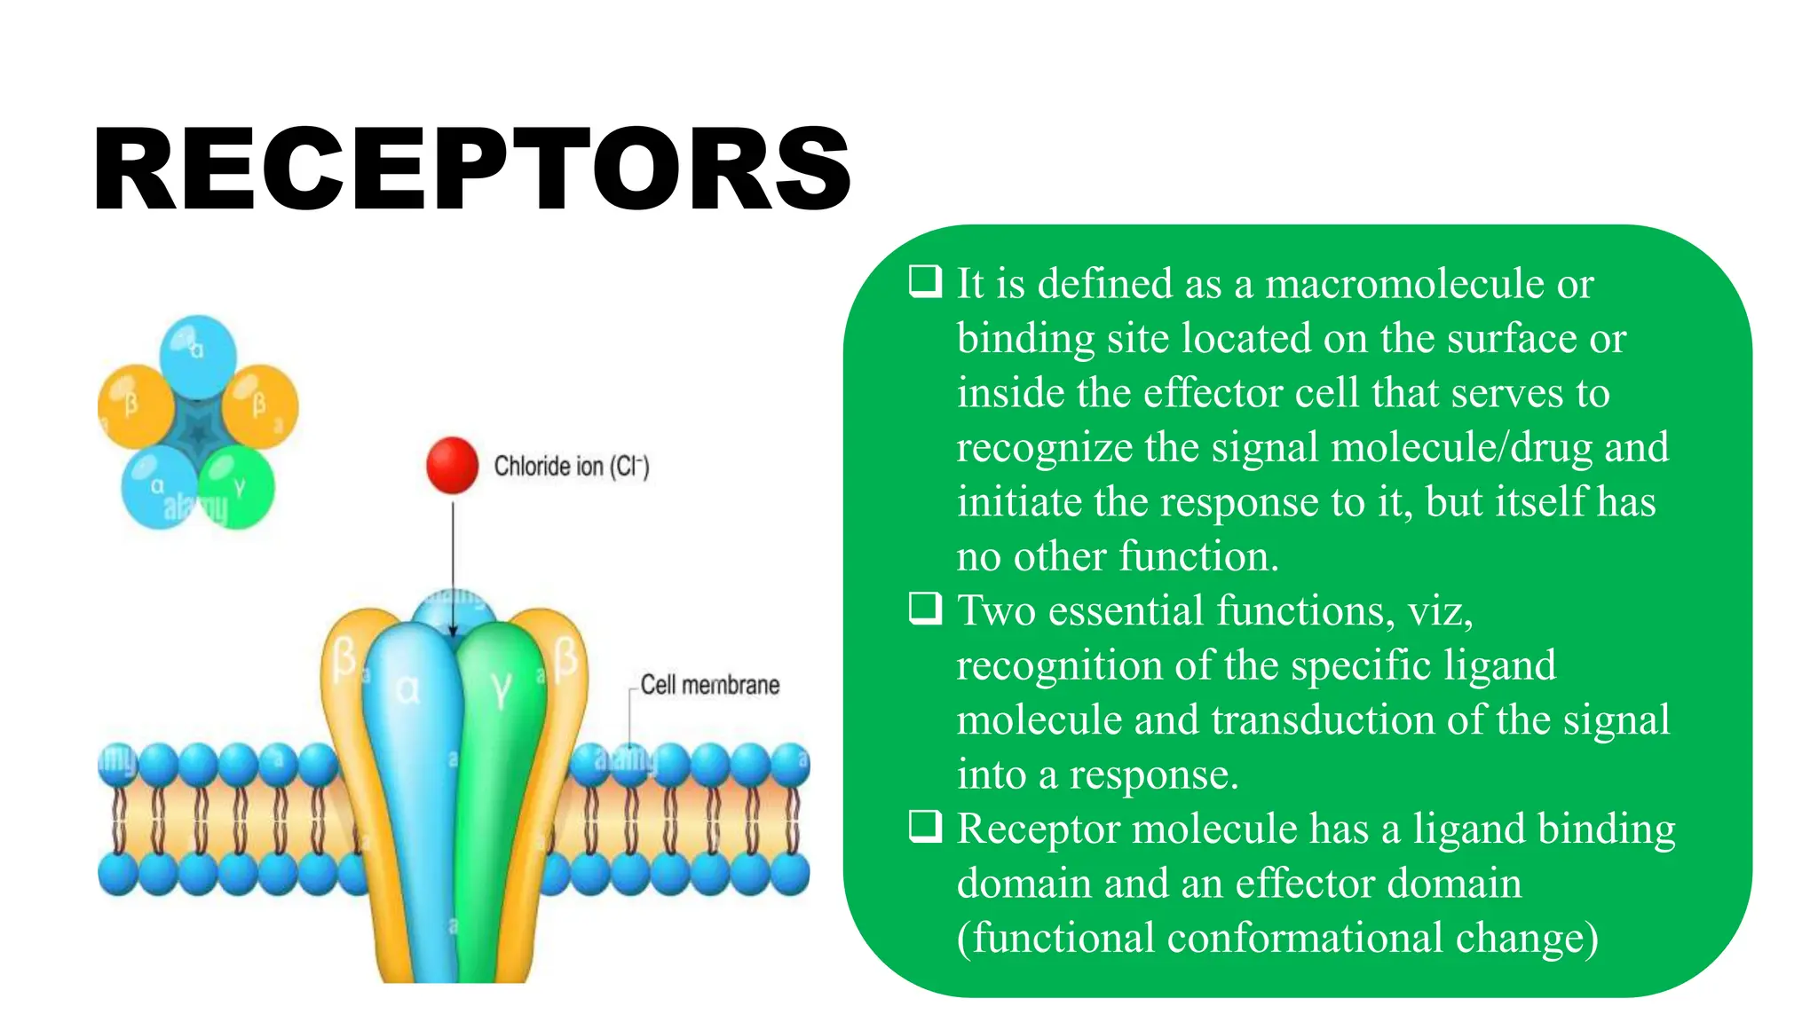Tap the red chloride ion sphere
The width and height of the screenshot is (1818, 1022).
tap(452, 465)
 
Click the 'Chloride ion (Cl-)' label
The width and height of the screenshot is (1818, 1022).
tap(572, 467)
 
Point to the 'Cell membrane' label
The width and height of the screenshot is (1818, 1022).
tap(709, 685)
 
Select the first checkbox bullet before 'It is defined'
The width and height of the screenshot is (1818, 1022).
tap(925, 281)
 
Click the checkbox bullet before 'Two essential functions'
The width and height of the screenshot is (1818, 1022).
tap(925, 609)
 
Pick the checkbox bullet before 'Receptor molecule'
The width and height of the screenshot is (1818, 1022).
tap(925, 827)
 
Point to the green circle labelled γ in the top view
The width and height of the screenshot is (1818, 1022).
tap(237, 487)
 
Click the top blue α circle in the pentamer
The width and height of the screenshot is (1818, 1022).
tap(198, 355)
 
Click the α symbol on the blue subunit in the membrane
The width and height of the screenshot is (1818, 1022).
tap(407, 689)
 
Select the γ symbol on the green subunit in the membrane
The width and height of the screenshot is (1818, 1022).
tap(502, 688)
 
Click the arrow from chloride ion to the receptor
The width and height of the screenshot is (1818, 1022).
tap(453, 568)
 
